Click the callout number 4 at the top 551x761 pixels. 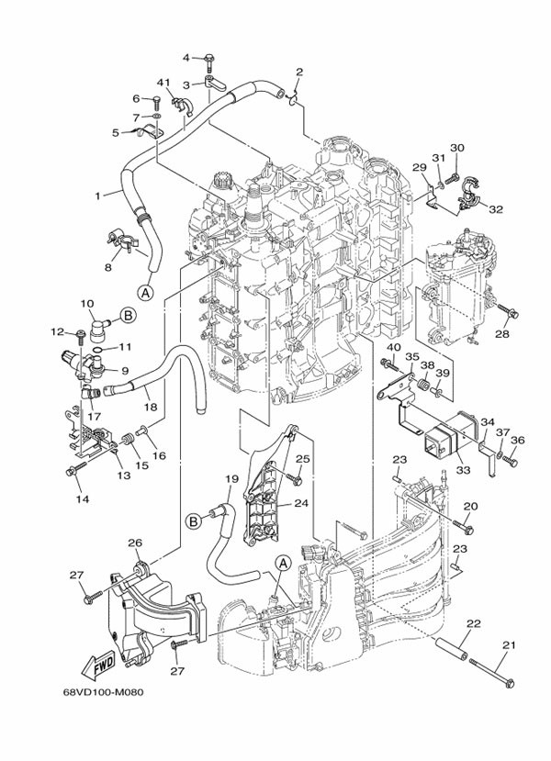coord(186,58)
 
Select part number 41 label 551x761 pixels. coord(163,84)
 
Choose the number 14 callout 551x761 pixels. coord(81,498)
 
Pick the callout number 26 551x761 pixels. coord(134,543)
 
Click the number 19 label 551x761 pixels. coord(230,479)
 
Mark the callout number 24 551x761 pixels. coord(302,503)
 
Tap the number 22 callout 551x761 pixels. coord(473,623)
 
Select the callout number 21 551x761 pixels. coord(505,645)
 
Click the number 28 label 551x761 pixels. coord(502,334)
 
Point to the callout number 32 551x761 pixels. coord(496,209)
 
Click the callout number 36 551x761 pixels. coord(517,440)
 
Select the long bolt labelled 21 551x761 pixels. coord(490,672)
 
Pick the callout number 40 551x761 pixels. coord(393,348)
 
